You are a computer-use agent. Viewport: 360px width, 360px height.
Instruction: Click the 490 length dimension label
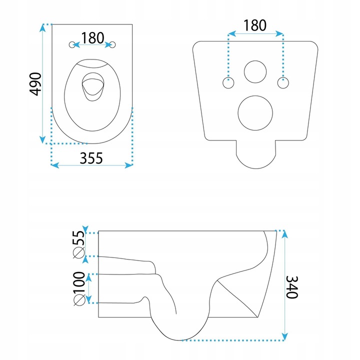[35, 84]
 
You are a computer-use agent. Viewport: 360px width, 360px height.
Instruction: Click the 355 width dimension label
[91, 158]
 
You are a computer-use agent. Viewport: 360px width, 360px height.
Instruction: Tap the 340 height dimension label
[292, 287]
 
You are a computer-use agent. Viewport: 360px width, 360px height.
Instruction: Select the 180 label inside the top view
[92, 38]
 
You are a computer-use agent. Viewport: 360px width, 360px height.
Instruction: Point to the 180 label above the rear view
[255, 25]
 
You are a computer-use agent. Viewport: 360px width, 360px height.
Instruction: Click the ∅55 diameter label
[79, 244]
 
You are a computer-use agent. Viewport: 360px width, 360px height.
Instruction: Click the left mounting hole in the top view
[72, 45]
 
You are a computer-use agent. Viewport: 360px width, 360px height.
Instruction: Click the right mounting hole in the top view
[112, 45]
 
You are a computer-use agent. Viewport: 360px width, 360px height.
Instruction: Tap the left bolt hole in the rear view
[228, 83]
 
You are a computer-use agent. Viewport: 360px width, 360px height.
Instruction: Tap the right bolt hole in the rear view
[283, 83]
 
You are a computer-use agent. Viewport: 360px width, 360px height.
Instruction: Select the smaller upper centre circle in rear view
[255, 72]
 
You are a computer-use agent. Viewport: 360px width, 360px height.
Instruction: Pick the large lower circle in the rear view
[255, 113]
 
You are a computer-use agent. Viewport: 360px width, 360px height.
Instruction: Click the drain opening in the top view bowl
[93, 87]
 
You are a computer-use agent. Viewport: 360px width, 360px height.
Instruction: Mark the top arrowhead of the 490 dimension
[42, 27]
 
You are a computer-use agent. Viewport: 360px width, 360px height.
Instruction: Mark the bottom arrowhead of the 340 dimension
[284, 336]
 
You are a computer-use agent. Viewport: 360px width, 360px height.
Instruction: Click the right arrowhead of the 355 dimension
[129, 165]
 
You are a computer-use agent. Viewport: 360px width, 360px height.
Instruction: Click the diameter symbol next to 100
[79, 300]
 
